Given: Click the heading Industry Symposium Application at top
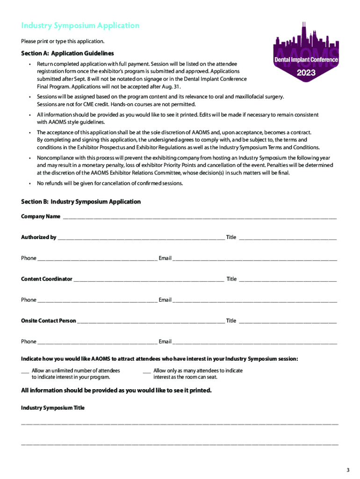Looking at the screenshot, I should [x=80, y=25].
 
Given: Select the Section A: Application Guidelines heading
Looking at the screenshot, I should [x=67, y=53].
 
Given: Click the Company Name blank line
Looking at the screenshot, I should [x=199, y=217].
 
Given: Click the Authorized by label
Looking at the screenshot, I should [x=38, y=237].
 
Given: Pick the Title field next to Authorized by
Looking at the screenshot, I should [x=288, y=238].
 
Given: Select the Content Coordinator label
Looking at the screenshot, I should [x=46, y=279].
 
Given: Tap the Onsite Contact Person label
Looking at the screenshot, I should [x=48, y=320].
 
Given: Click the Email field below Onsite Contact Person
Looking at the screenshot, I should [x=254, y=342].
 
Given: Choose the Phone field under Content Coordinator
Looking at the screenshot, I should [x=97, y=300].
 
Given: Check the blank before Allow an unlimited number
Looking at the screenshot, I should [x=25, y=371].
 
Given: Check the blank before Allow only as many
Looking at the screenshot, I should [x=146, y=371].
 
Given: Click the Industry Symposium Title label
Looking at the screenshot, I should [x=53, y=408].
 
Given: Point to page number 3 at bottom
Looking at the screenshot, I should [x=347, y=470].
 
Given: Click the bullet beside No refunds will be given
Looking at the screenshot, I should [x=29, y=183].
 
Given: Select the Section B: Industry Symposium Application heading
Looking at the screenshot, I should [x=81, y=202].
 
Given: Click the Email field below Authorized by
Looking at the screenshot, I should [x=254, y=259].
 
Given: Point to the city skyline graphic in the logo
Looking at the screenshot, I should [x=306, y=40].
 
